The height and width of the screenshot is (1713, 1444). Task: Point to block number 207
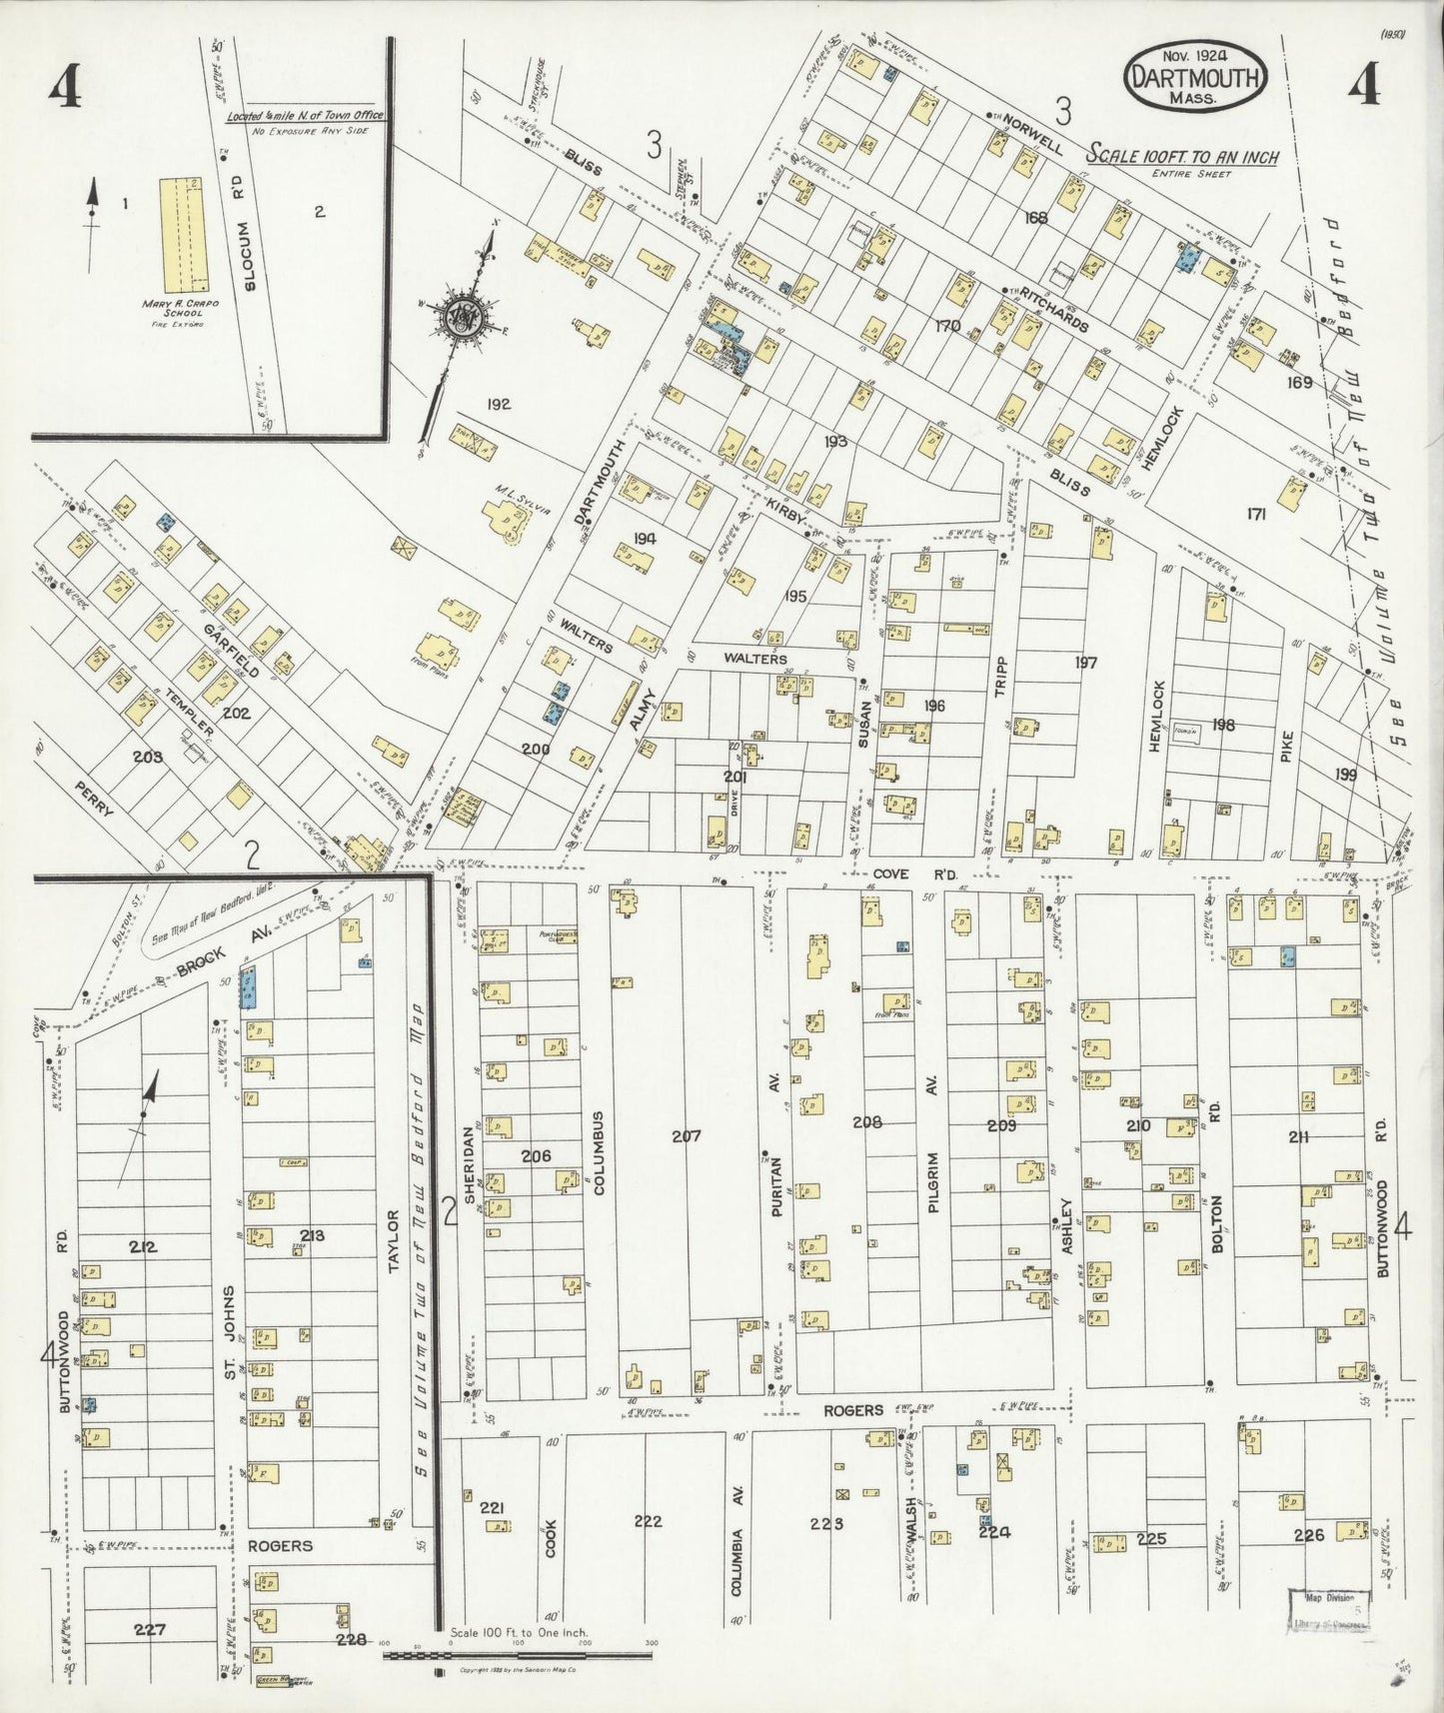tap(687, 1135)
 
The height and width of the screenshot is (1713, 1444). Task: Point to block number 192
tap(499, 404)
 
